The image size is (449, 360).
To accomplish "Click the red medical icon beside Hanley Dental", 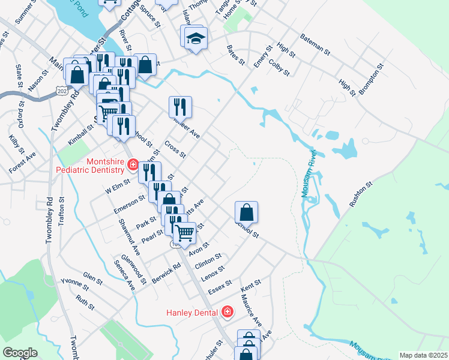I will point(227,311).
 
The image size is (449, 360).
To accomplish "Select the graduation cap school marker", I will point(195,38).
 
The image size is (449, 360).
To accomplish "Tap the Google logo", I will point(20,352).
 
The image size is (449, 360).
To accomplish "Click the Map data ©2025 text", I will point(423,355).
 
